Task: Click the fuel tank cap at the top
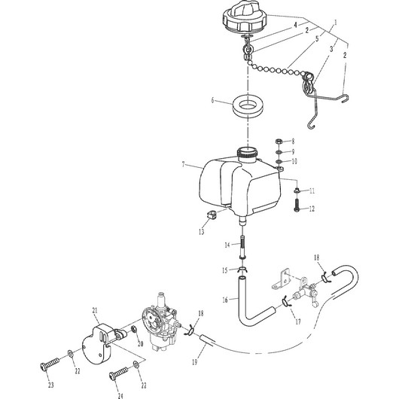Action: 248,17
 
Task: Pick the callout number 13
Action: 202,232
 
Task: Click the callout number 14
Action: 227,245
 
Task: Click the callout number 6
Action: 213,99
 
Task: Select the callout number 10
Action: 295,161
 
